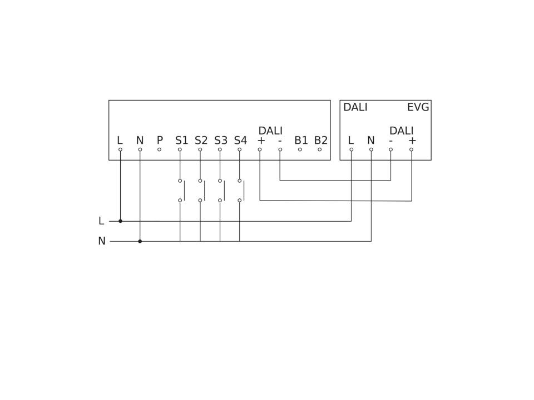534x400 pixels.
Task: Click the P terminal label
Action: click(160, 140)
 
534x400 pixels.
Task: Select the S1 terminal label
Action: click(181, 140)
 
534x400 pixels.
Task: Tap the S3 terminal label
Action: click(221, 140)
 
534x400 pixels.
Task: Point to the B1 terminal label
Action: click(301, 140)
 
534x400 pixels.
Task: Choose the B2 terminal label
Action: click(321, 140)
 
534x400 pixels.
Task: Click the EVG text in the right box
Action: click(418, 107)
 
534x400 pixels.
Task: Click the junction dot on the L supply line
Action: click(120, 221)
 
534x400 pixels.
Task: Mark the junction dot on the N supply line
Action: click(140, 241)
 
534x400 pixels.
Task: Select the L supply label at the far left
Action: click(101, 221)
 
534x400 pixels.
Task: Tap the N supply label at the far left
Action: click(102, 241)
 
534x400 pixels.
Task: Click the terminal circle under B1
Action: click(300, 149)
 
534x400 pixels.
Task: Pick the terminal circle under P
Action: click(160, 149)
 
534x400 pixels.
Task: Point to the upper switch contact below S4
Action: click(240, 181)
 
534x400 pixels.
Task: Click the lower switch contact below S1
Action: click(180, 201)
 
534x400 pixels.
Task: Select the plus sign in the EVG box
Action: click(412, 141)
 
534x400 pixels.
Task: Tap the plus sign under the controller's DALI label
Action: click(261, 141)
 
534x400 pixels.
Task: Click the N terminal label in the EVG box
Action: click(371, 140)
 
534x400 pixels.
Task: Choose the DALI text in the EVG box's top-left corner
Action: click(355, 107)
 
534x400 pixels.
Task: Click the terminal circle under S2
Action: click(200, 149)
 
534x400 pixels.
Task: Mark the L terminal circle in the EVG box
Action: click(352, 149)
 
